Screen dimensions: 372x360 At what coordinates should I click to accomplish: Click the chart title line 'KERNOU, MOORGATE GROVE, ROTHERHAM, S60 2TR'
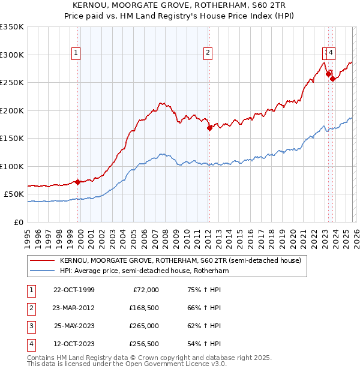pyautogui.click(x=180, y=5)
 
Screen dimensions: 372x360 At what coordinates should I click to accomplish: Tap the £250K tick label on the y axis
pyautogui.click(x=12, y=83)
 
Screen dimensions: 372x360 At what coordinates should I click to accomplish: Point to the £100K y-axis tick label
pyautogui.click(x=12, y=166)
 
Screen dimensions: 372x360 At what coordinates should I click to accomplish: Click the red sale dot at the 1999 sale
pyautogui.click(x=78, y=182)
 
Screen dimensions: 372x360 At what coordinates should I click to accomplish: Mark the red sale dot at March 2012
pyautogui.click(x=209, y=128)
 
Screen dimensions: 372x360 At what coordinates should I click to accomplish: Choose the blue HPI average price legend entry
pyautogui.click(x=144, y=271)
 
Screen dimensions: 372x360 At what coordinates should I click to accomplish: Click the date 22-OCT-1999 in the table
pyautogui.click(x=74, y=290)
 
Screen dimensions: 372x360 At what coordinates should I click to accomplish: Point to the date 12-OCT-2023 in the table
pyautogui.click(x=74, y=344)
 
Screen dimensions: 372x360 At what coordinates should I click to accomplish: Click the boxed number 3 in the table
pyautogui.click(x=31, y=326)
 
